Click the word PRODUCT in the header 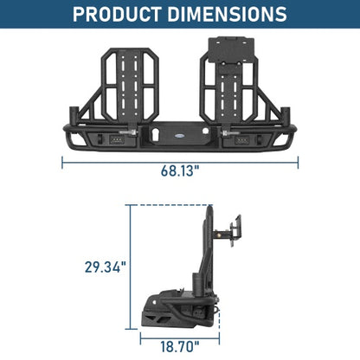point(117,14)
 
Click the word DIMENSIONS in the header point(227,14)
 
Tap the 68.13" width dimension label point(180,170)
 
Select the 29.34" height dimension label point(106,267)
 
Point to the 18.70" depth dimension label point(180,346)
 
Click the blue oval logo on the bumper point(178,135)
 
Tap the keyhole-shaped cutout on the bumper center point(154,134)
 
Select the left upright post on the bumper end point(74,116)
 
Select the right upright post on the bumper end point(285,116)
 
